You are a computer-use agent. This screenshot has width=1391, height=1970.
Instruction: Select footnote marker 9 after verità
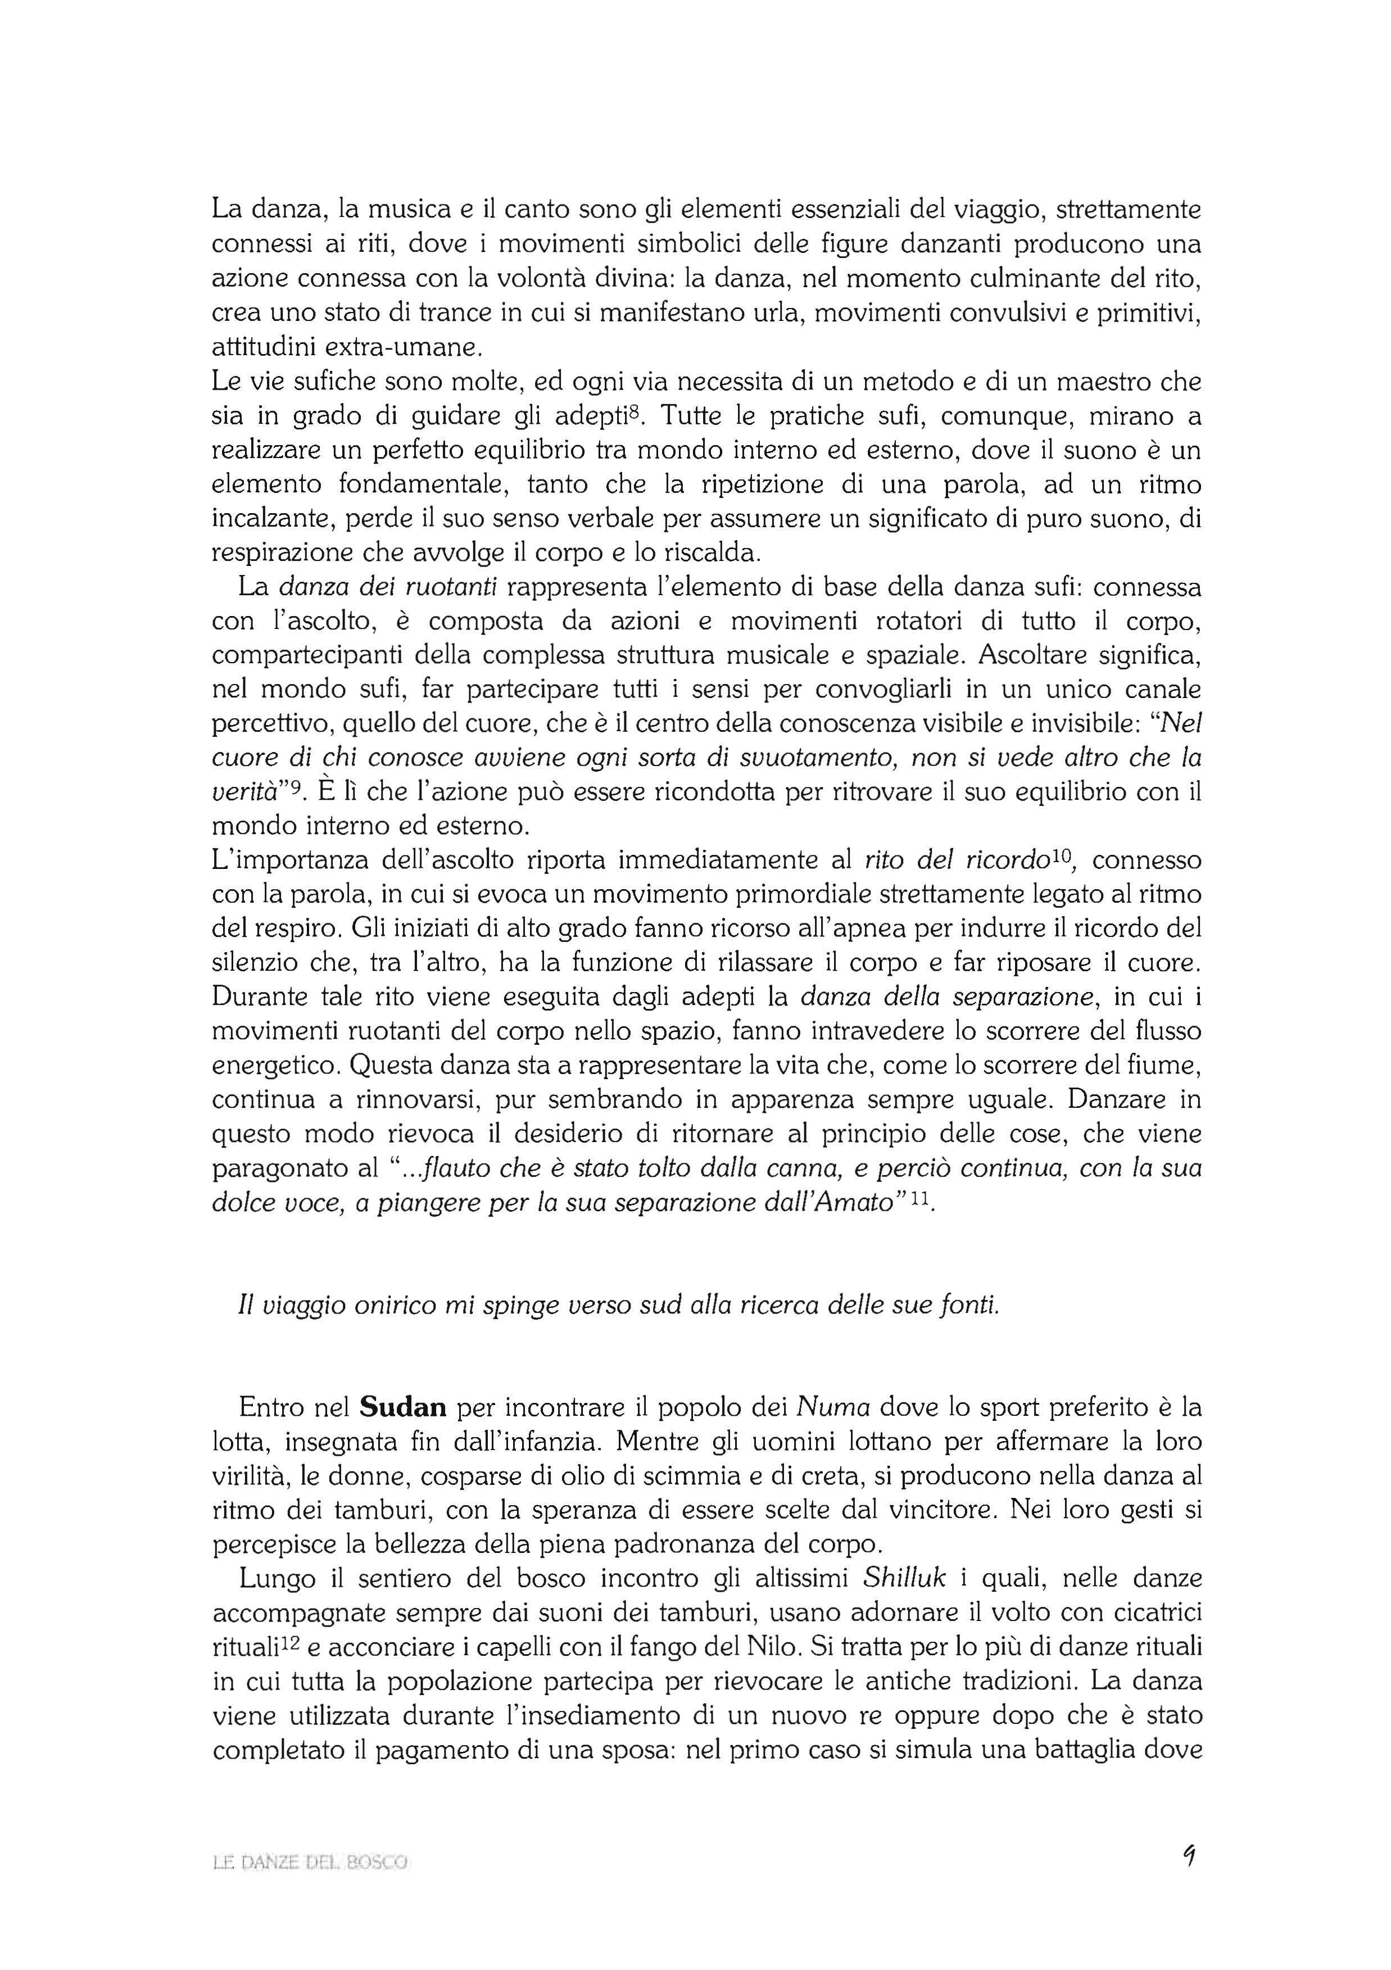tap(300, 785)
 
